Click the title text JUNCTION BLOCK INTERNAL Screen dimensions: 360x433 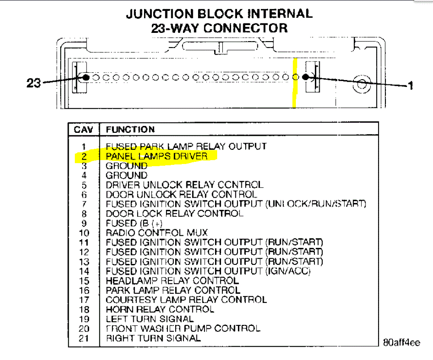point(219,14)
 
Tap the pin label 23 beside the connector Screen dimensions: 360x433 point(33,82)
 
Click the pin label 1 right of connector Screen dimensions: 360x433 point(411,85)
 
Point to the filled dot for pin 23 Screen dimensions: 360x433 point(86,77)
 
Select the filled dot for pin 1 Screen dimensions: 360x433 point(305,77)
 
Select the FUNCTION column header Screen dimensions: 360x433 point(130,129)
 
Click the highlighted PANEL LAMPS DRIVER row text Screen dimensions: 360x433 point(157,156)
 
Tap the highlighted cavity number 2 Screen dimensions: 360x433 point(84,156)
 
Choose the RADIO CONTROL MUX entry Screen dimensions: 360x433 point(157,233)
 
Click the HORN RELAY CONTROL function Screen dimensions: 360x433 point(160,309)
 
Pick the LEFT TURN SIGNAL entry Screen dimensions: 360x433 point(150,319)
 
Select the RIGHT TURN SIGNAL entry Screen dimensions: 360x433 point(153,338)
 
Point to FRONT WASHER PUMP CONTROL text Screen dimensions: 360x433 point(183,329)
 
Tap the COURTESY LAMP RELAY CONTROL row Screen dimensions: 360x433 point(186,299)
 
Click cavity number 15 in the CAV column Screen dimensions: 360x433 point(84,281)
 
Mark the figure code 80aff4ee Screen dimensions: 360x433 point(401,343)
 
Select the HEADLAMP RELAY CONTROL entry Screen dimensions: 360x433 point(172,281)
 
